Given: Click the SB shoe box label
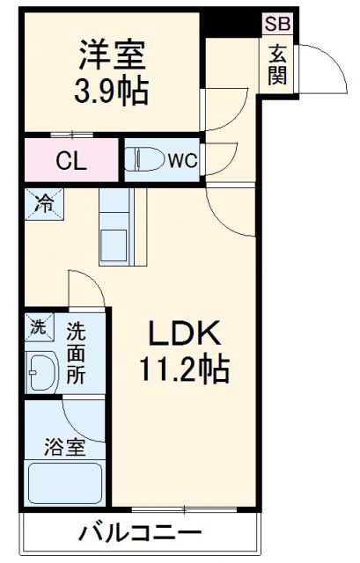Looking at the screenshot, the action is pos(277,24).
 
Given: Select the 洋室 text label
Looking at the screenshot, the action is pos(112,55).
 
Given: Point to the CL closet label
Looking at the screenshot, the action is pos(71,161).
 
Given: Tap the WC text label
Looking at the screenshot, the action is pos(183,160).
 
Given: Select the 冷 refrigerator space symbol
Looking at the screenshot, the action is pos(44,204).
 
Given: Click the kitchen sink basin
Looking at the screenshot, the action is pos(114,246).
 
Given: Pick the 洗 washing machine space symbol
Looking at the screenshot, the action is pos(39,326).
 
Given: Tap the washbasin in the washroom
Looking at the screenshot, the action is pos(43,373).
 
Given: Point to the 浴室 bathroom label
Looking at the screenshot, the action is pos(64,447).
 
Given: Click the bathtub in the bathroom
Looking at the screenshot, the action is pos(65,484).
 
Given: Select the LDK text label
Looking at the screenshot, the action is pos(184,333).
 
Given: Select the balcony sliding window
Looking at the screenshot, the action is pos(184,509).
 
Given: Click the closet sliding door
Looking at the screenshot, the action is pos(72,135).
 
